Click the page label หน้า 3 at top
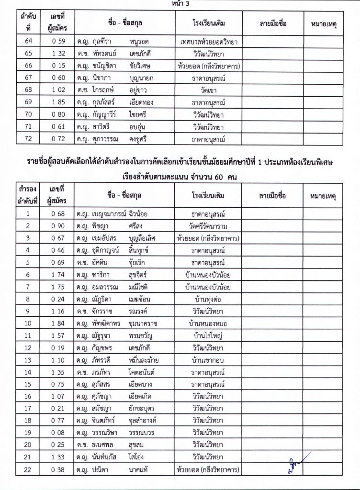tap(180, 4)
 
